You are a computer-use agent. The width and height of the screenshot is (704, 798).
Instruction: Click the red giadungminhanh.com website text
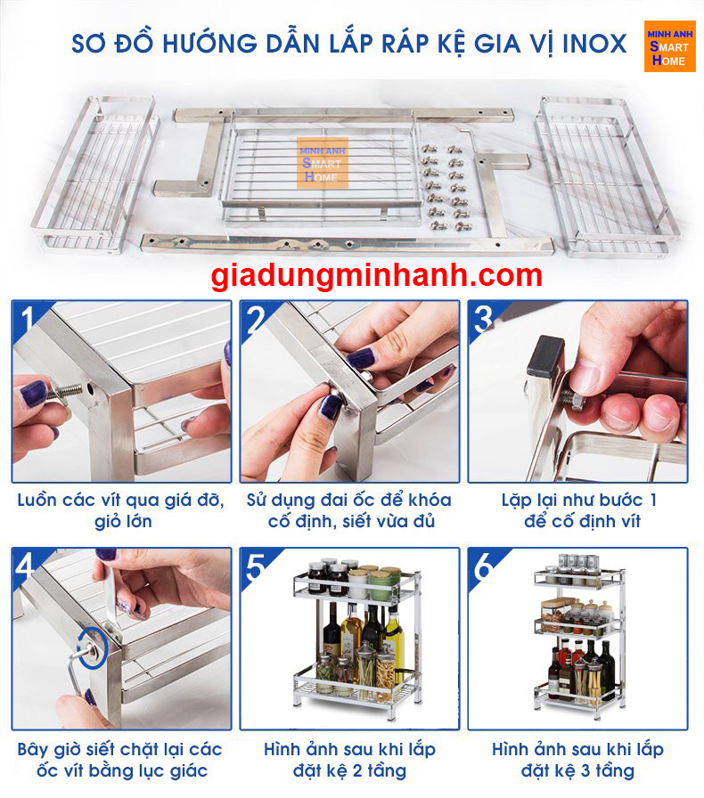tap(377, 275)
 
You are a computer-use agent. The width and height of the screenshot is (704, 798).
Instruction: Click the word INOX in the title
tap(594, 43)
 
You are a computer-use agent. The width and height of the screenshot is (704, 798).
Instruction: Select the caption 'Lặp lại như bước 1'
tap(578, 500)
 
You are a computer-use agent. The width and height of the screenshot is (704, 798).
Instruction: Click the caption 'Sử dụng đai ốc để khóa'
tap(349, 500)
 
